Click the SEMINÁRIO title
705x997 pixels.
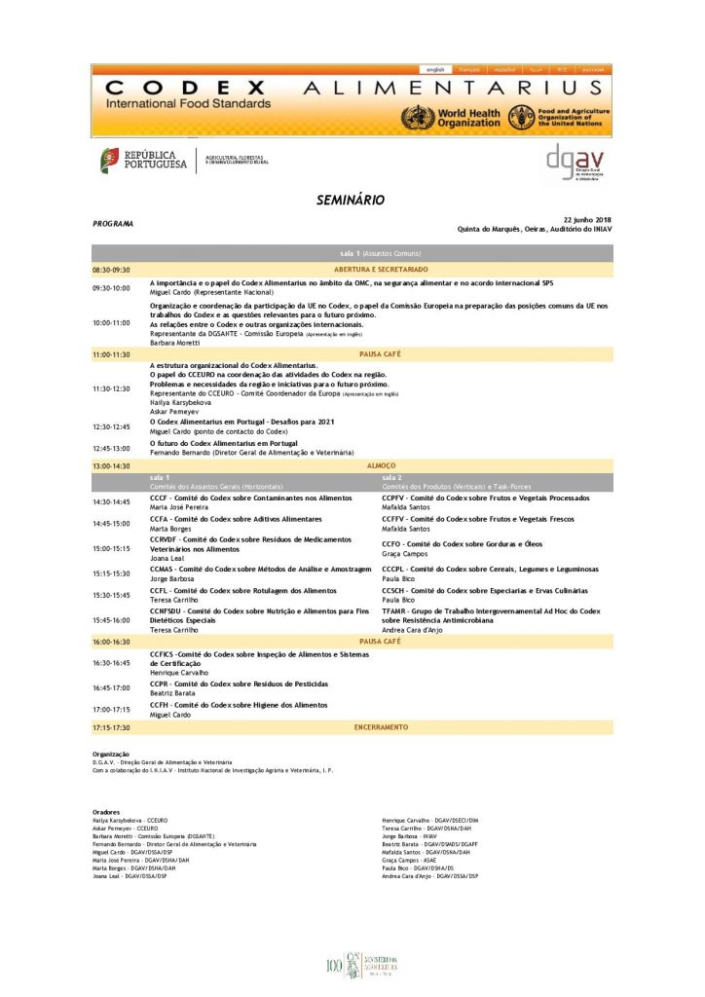click(x=351, y=200)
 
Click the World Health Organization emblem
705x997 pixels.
click(x=418, y=118)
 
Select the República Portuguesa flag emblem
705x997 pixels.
click(x=110, y=161)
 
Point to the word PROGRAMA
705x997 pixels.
click(x=113, y=224)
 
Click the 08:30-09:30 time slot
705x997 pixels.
click(x=111, y=269)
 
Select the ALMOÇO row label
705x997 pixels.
click(x=381, y=466)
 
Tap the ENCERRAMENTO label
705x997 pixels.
click(x=381, y=727)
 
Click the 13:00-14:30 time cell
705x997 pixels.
click(x=111, y=466)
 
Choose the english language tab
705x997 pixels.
click(x=435, y=70)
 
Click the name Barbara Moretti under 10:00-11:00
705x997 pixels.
click(x=176, y=343)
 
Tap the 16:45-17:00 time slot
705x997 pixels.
click(x=111, y=687)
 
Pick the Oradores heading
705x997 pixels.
click(x=106, y=811)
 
